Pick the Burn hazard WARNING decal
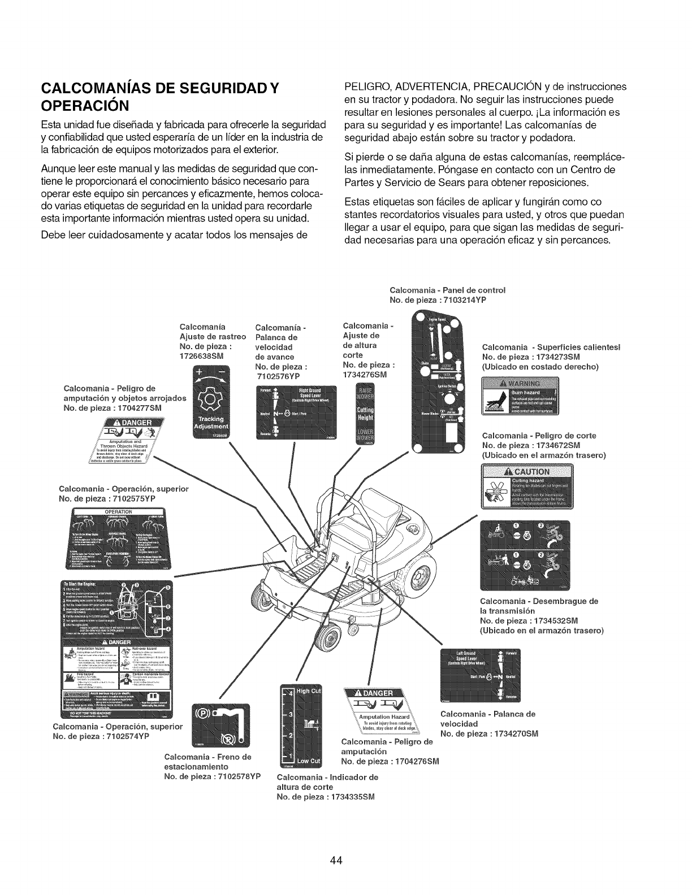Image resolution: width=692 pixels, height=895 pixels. click(520, 398)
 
